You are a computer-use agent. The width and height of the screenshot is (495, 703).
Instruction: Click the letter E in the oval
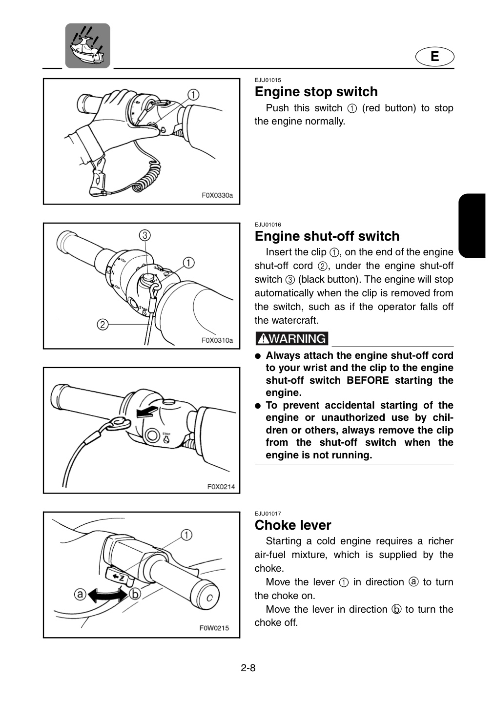click(x=434, y=57)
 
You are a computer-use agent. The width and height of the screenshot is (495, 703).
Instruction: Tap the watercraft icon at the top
click(x=87, y=46)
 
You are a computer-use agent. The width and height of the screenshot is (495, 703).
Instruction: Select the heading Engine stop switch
click(x=316, y=92)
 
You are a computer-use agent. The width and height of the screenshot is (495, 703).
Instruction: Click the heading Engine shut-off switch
click(x=327, y=236)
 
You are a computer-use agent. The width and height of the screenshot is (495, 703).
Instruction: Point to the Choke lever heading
click(x=292, y=525)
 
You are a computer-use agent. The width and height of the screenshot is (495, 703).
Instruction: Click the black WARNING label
click(x=292, y=339)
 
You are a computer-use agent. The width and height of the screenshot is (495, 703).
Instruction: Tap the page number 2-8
click(x=248, y=668)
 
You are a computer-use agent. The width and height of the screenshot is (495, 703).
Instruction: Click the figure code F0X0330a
click(x=217, y=195)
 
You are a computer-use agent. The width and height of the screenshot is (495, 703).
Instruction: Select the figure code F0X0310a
click(x=217, y=340)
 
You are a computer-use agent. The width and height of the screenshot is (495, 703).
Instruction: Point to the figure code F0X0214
click(x=221, y=487)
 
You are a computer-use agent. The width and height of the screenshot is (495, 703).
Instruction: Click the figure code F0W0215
click(x=214, y=628)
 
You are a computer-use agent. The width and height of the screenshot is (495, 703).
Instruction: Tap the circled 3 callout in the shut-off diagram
click(x=144, y=235)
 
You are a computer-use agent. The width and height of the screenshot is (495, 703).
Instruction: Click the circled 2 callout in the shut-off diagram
click(x=103, y=324)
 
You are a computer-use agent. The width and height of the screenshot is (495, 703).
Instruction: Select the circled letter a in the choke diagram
click(x=80, y=594)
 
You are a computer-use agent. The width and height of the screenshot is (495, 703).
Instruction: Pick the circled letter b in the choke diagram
click(x=135, y=594)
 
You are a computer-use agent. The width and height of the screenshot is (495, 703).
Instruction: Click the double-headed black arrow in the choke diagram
click(x=108, y=594)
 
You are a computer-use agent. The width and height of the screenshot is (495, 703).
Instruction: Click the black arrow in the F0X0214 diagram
click(x=147, y=412)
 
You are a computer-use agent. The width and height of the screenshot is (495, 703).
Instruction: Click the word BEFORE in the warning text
click(x=368, y=380)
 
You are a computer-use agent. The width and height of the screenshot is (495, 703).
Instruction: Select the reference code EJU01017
click(x=268, y=514)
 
